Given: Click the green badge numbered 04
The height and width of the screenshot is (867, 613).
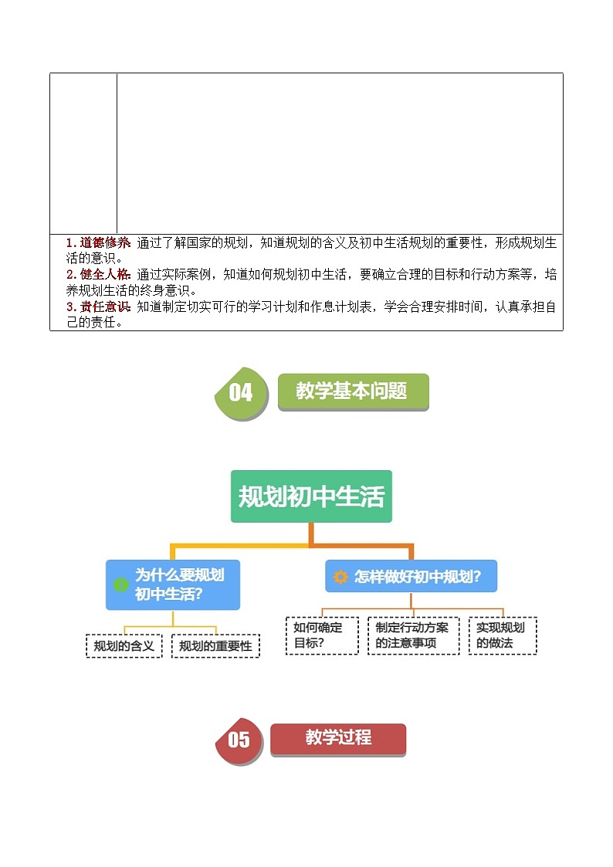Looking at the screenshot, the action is point(241,393).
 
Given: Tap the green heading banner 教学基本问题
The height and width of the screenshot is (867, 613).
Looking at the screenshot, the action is point(352,391).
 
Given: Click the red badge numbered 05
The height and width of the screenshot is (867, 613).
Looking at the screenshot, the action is point(239,740).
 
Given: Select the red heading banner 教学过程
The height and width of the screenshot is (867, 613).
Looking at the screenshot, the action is point(338,738).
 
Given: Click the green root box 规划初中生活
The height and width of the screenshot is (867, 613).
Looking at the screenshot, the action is point(311,496).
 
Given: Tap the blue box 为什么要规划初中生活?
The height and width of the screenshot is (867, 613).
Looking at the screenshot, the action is point(173,584).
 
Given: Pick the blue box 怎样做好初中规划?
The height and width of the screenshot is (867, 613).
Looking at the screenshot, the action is point(411,576).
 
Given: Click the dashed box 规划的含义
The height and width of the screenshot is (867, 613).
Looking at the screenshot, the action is point(124,645).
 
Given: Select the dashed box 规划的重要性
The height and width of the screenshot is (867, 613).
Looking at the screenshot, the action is point(215,645).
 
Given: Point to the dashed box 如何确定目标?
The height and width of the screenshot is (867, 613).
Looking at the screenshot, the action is point(322,635).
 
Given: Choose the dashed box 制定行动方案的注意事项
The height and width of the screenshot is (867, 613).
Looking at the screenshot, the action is point(413,635).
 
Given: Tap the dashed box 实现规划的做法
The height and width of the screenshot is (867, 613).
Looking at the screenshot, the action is point(503,635).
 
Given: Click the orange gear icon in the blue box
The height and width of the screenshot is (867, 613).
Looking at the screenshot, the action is point(340,577).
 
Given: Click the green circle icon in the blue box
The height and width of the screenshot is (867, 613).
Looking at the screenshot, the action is point(121,584).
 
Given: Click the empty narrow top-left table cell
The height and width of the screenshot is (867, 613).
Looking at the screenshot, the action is point(83,153).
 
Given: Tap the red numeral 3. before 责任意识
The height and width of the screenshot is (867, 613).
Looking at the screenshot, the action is point(71,306).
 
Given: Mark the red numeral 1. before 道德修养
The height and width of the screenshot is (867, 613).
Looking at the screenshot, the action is point(71,242).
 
